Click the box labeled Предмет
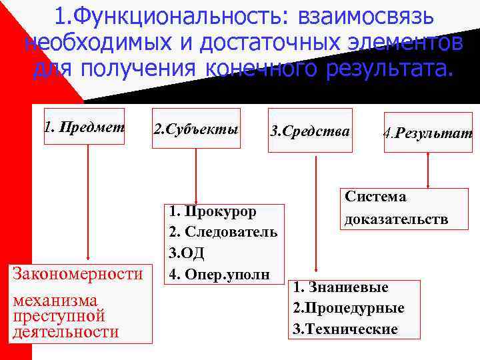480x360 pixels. click(x=84, y=127)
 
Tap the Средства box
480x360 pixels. click(x=309, y=131)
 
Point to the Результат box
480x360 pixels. click(x=427, y=133)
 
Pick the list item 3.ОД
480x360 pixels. click(x=187, y=253)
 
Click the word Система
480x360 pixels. click(x=375, y=197)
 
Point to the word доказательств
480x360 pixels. click(x=396, y=219)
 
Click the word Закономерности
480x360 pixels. click(x=77, y=274)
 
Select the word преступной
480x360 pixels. click(x=59, y=315)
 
